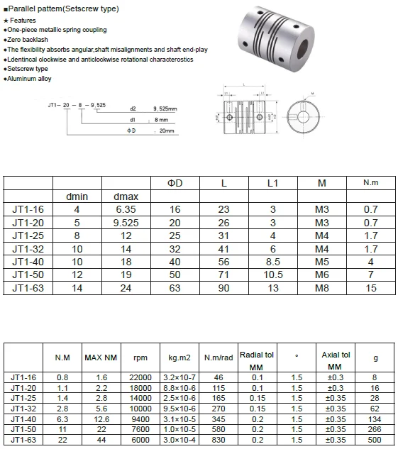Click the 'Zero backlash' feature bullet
coord(26,40)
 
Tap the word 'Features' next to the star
coord(23,21)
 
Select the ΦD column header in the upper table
coord(175,183)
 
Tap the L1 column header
coord(272,183)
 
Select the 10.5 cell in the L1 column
coord(272,275)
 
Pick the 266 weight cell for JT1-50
coord(375,429)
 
